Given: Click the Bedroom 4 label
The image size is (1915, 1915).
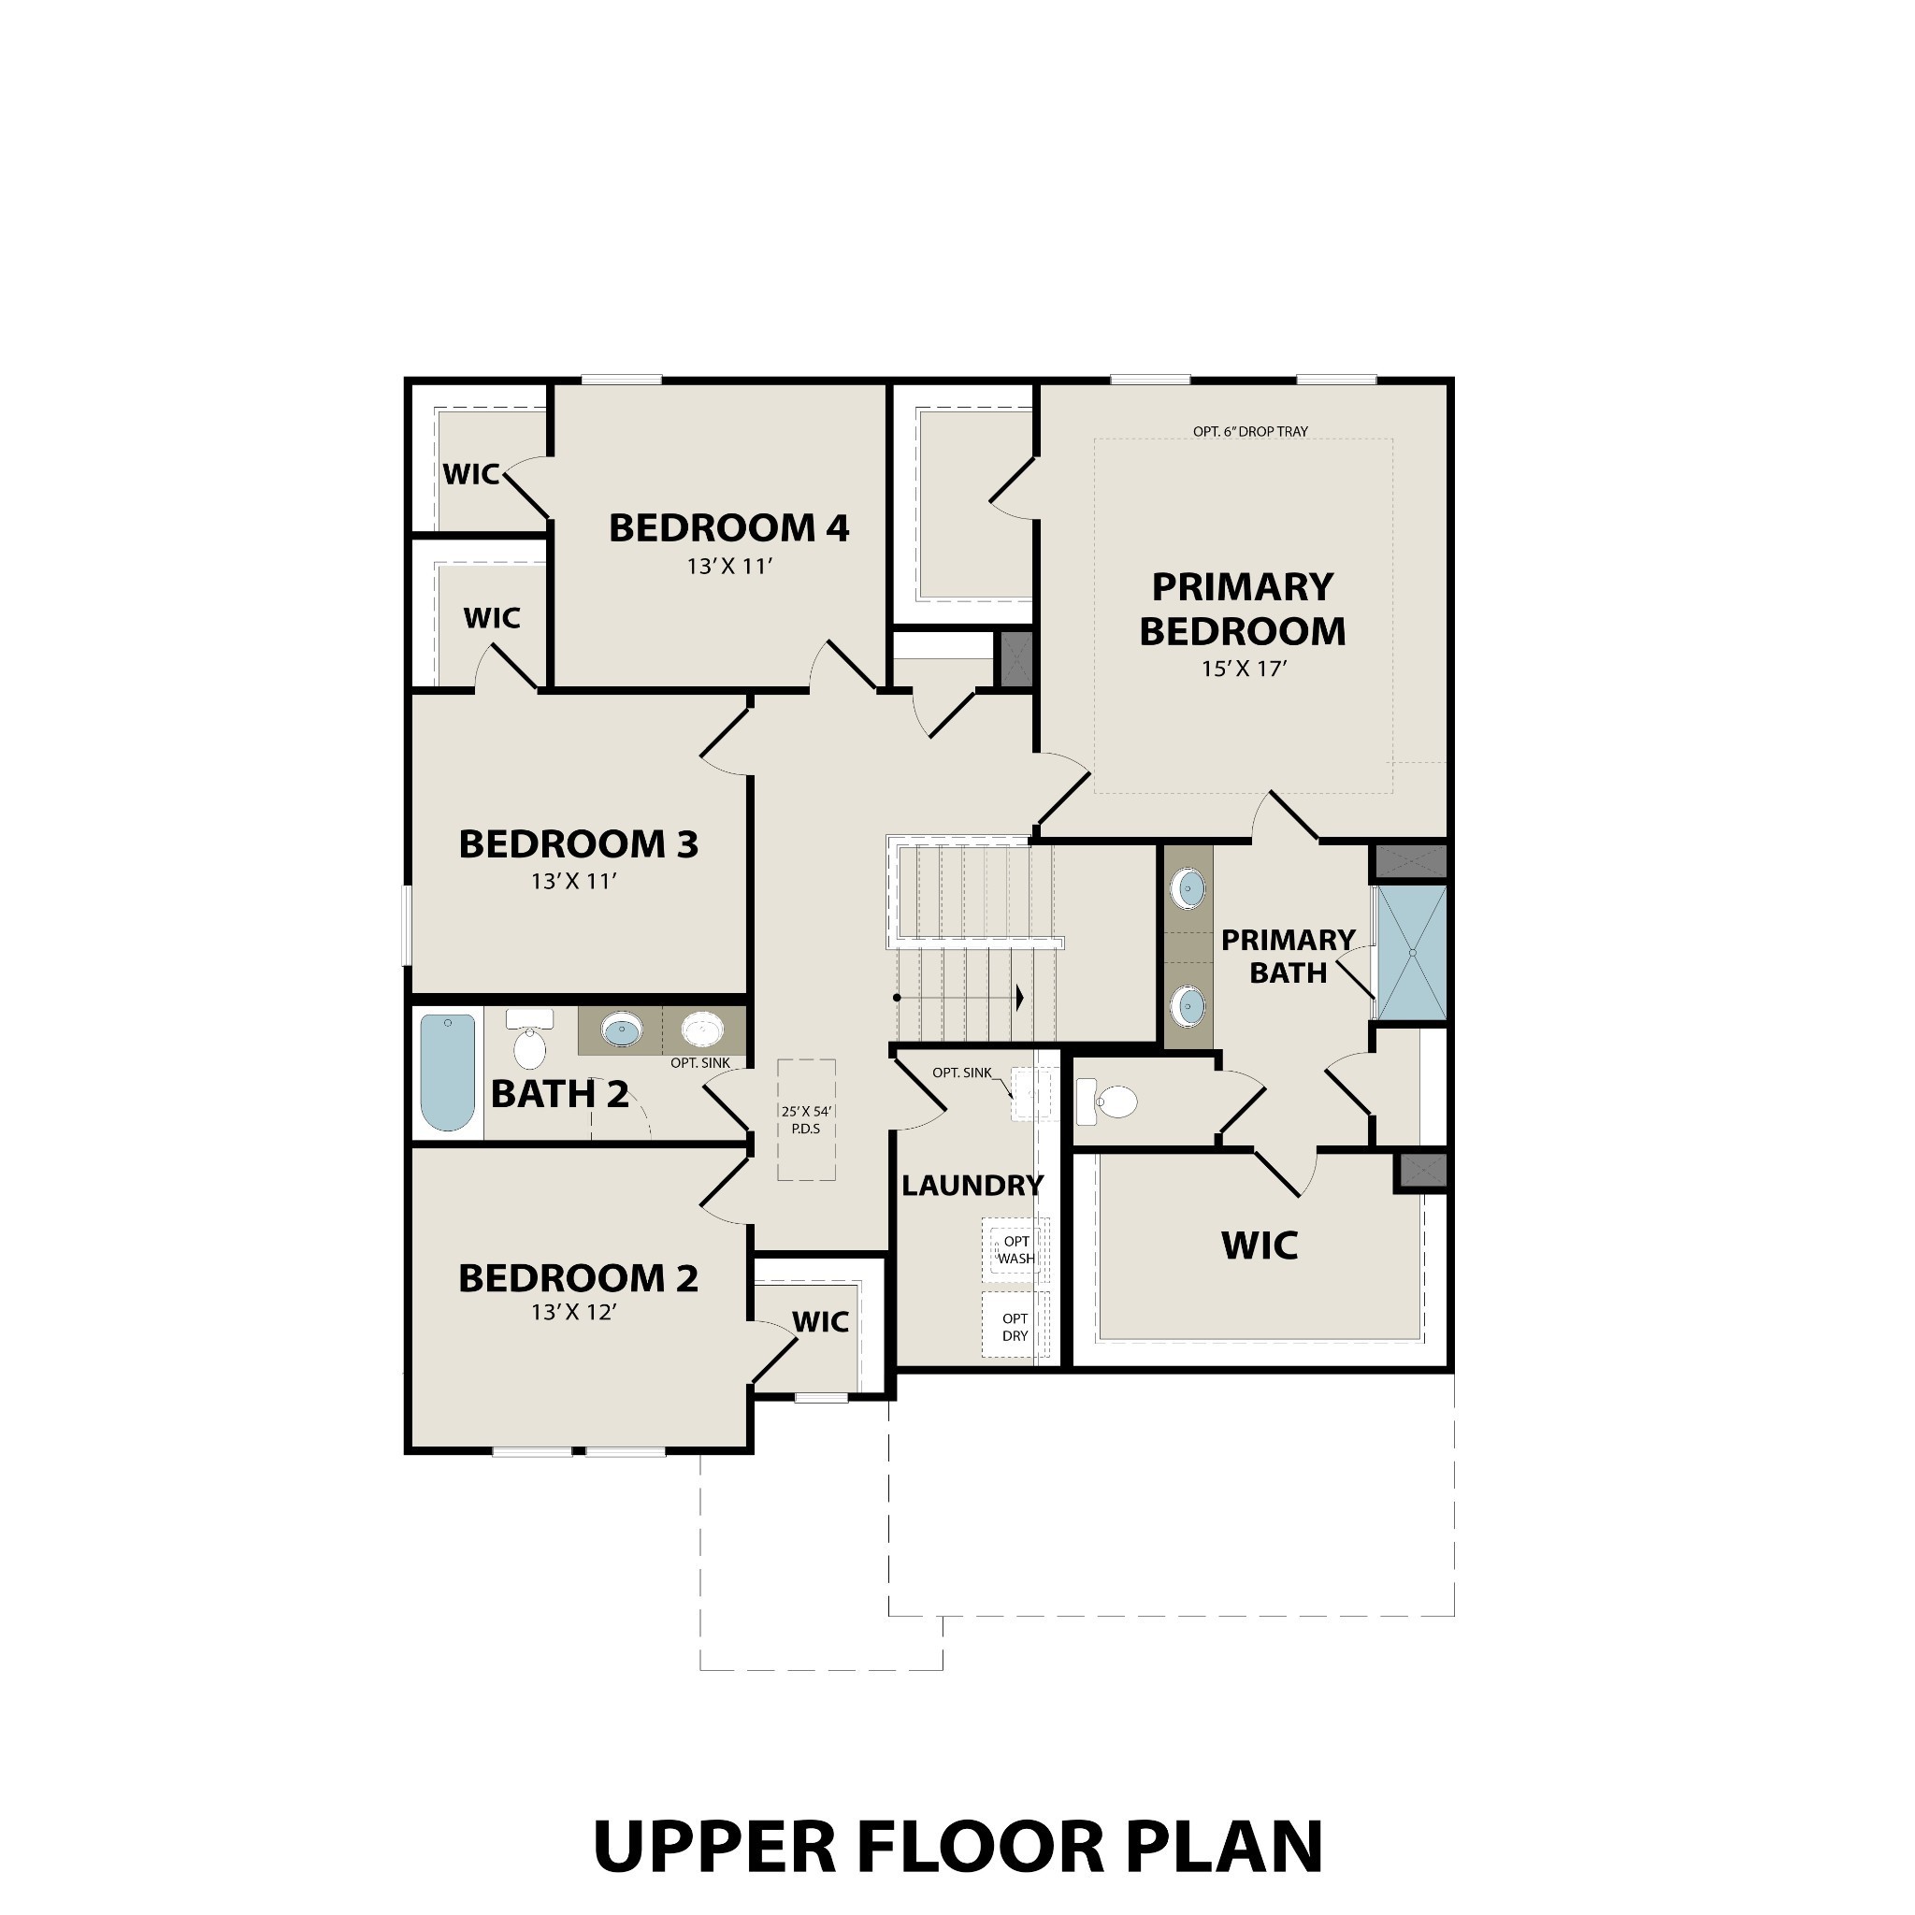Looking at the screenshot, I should pyautogui.click(x=728, y=528).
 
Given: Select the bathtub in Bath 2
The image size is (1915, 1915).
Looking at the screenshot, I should pyautogui.click(x=447, y=1072).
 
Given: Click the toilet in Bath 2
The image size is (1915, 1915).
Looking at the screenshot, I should pyautogui.click(x=529, y=1041).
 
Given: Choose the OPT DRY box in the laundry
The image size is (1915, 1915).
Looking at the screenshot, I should pyautogui.click(x=1015, y=1326).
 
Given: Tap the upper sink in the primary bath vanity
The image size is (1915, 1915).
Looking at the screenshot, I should pyautogui.click(x=1188, y=888).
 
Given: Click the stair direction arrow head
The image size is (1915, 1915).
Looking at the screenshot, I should pyautogui.click(x=1019, y=997).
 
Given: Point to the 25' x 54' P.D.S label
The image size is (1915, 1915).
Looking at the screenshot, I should pyautogui.click(x=806, y=1120).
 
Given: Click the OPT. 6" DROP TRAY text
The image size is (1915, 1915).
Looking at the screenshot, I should pyautogui.click(x=1250, y=431).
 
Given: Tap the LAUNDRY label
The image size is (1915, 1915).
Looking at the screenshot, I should pyautogui.click(x=972, y=1186).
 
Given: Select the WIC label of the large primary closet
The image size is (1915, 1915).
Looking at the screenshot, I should pyautogui.click(x=1259, y=1245).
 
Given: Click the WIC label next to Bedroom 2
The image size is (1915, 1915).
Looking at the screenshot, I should pyautogui.click(x=820, y=1321).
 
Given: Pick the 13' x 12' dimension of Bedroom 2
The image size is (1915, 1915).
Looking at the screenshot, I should pyautogui.click(x=574, y=1312).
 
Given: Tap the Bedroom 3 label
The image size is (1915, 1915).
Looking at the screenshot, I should pyautogui.click(x=578, y=844).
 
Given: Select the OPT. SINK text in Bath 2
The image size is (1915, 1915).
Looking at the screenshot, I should pyautogui.click(x=699, y=1062).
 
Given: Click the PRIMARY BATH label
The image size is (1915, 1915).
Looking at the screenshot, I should pyautogui.click(x=1288, y=957).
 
